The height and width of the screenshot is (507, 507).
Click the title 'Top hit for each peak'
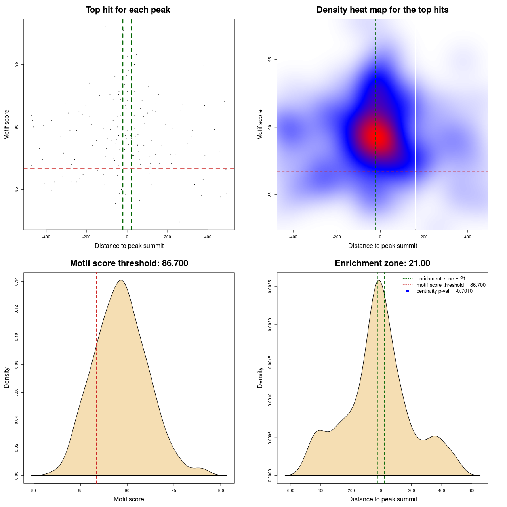(128, 10)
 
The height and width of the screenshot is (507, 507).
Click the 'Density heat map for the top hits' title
(382, 10)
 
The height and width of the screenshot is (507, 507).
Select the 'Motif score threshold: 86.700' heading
(129, 263)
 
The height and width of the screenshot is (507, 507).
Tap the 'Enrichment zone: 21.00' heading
(382, 263)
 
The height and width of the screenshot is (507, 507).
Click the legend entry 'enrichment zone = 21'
(441, 279)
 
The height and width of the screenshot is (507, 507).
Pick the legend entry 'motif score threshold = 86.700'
(451, 285)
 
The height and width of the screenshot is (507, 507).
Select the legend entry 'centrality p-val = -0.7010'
(444, 291)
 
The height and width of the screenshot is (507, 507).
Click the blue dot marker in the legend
(408, 291)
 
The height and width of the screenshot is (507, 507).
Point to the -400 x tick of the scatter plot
(46, 237)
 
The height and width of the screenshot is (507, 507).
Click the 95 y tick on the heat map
(270, 60)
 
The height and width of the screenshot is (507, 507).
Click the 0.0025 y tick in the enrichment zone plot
(270, 287)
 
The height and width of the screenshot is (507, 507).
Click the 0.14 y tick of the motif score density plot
(16, 282)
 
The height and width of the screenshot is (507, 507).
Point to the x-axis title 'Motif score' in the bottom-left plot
(129, 499)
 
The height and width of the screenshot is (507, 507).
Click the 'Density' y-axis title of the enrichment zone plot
(260, 377)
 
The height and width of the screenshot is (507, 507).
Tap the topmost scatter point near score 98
(106, 27)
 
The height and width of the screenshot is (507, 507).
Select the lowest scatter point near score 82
(179, 222)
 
